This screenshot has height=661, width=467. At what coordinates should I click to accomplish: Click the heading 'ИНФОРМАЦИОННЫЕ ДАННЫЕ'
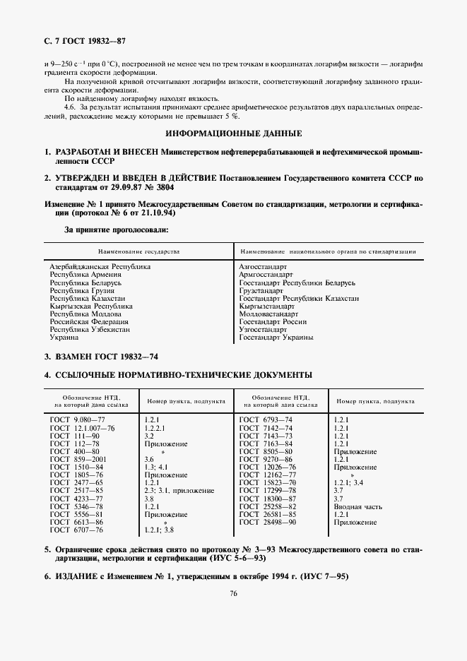233,133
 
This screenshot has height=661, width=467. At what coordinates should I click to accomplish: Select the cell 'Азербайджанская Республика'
100,266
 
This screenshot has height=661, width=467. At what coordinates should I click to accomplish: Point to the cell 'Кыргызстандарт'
267,306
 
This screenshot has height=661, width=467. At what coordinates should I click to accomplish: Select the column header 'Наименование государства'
139,251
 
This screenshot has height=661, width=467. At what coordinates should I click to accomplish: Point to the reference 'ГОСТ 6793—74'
266,420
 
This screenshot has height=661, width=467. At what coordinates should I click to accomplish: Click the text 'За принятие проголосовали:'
117,230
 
